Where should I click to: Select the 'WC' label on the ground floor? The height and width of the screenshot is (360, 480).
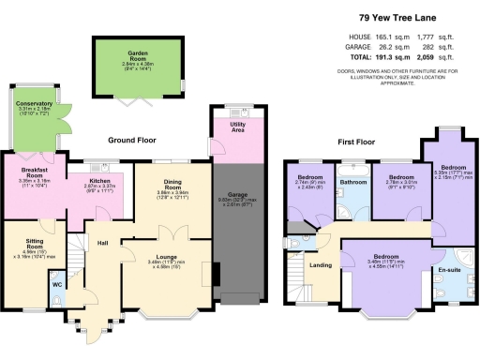(56, 284)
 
